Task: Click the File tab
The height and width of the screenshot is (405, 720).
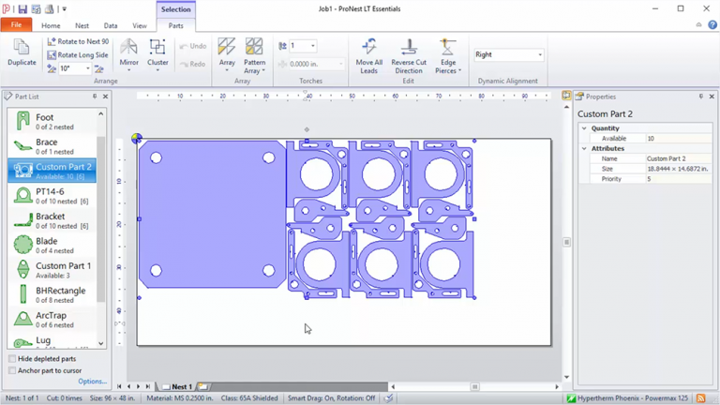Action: pos(16,25)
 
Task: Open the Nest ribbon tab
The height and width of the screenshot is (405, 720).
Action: pos(82,26)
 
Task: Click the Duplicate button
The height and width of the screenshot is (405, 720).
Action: pos(22,52)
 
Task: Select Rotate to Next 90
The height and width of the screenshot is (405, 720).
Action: pos(78,42)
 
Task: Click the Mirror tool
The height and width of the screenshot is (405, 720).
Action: pos(128,52)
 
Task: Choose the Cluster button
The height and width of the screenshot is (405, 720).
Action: pos(157,52)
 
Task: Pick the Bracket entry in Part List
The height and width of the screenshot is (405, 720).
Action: pos(52,220)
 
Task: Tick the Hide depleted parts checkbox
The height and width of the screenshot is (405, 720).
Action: pos(12,359)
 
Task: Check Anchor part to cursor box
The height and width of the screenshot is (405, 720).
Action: pos(12,370)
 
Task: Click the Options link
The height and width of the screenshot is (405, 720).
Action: pos(92,382)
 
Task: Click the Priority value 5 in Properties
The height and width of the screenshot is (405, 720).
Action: pos(649,179)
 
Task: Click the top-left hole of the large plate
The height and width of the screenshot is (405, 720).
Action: pos(157,157)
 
